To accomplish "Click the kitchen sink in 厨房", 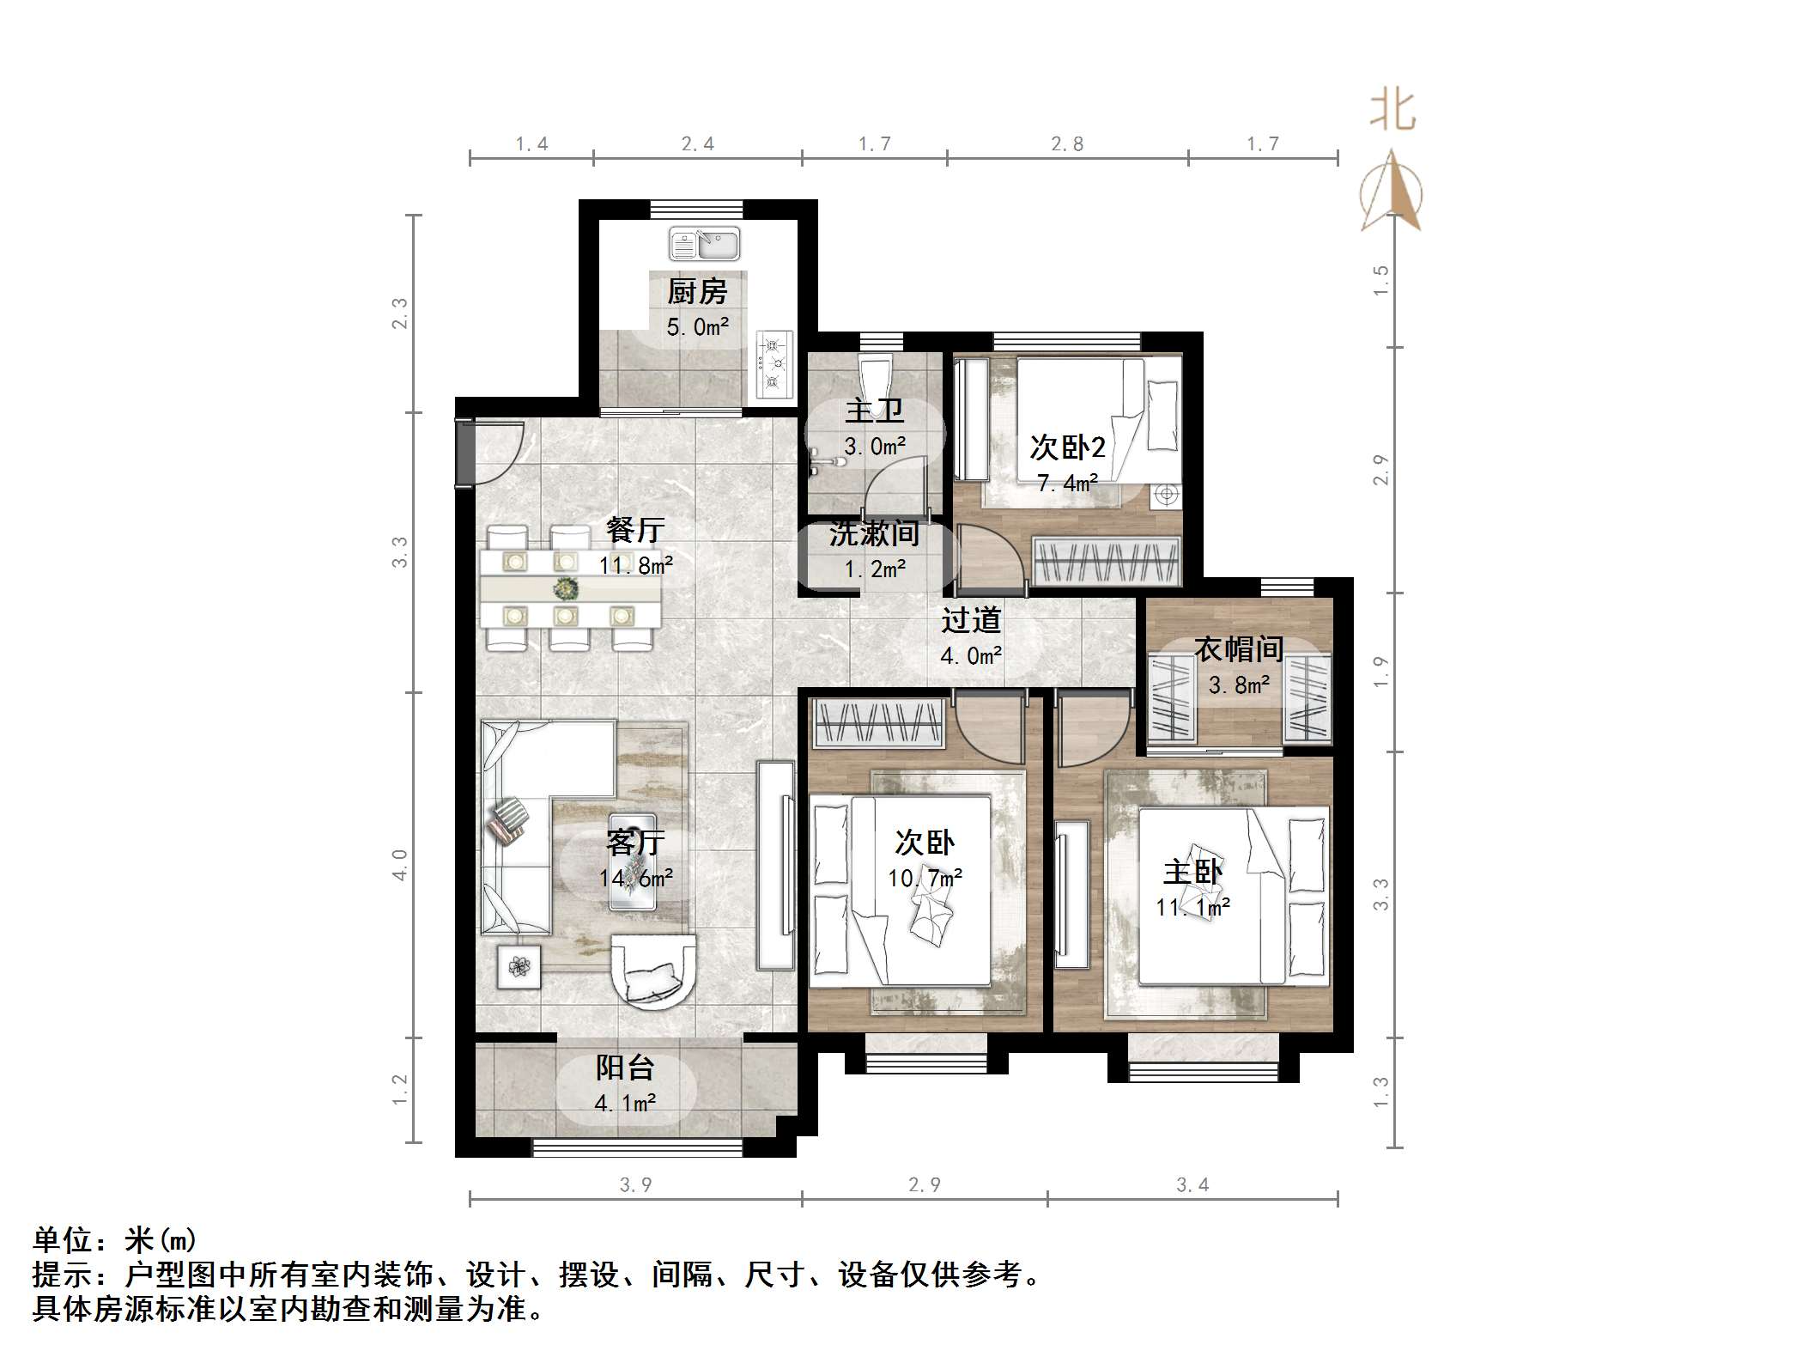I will [704, 244].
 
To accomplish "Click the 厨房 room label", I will [697, 292].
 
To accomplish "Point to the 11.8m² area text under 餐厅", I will [635, 565].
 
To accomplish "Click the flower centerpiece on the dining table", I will [566, 589].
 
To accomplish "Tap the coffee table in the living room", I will [633, 861].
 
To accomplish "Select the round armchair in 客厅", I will [653, 976].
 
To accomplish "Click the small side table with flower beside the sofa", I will [519, 966].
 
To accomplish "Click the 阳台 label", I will [625, 1068].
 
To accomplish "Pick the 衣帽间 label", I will [1238, 649].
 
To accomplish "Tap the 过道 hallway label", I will [971, 620].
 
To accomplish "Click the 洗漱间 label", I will [874, 533].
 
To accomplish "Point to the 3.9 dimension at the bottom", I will [635, 1185].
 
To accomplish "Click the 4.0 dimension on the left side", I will [400, 864].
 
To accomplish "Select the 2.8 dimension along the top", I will [1067, 144].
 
